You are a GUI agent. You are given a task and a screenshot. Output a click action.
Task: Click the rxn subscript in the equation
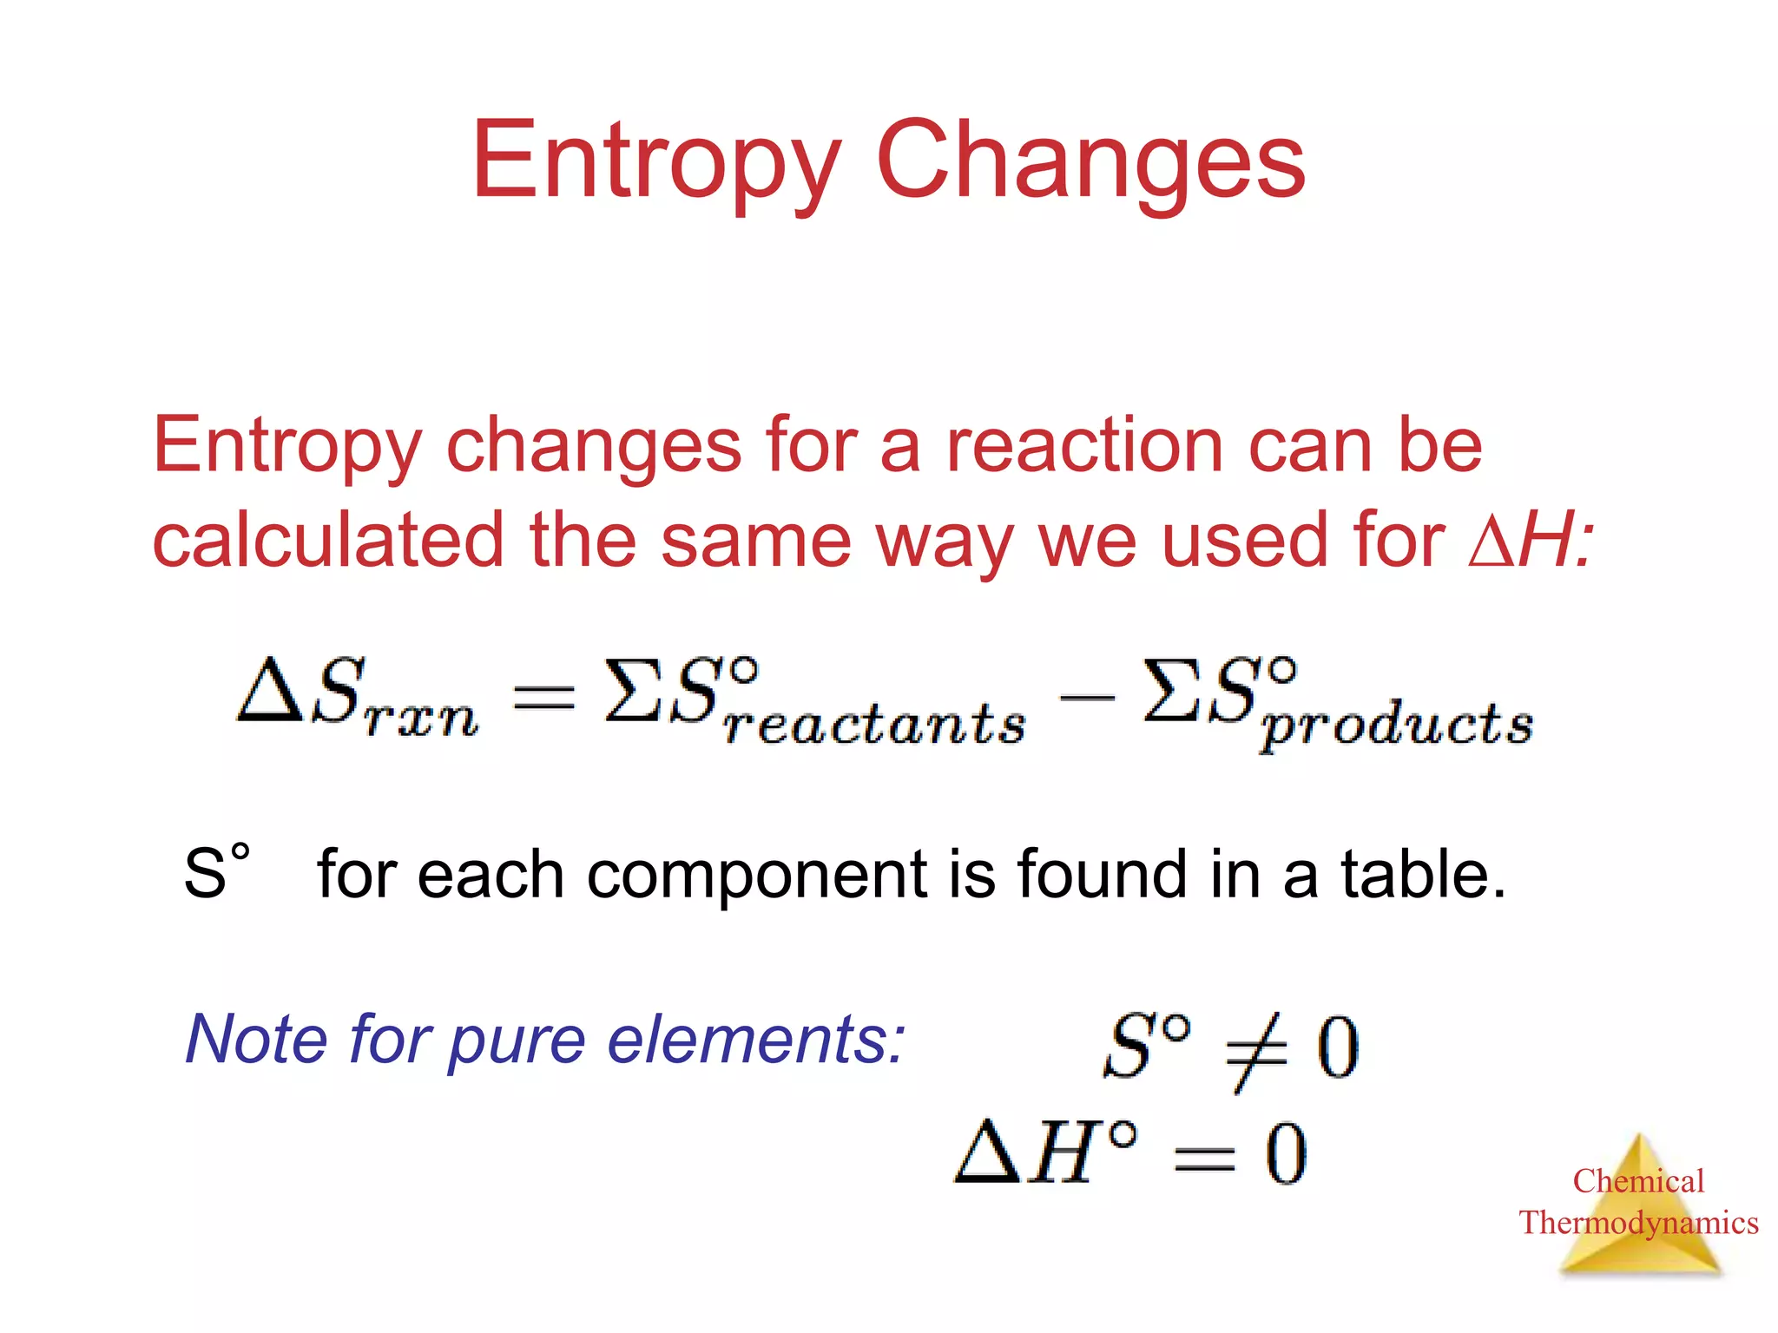422,719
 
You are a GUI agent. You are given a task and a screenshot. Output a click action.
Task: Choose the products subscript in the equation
1397,727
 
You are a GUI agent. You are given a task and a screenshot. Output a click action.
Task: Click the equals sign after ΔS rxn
543,697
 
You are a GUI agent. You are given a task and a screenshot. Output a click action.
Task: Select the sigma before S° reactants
632,691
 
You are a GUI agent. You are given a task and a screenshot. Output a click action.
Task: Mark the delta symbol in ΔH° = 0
987,1152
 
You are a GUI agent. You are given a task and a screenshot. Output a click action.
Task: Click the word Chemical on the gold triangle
1638,1181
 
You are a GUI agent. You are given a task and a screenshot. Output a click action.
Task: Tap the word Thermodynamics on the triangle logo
1638,1223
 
